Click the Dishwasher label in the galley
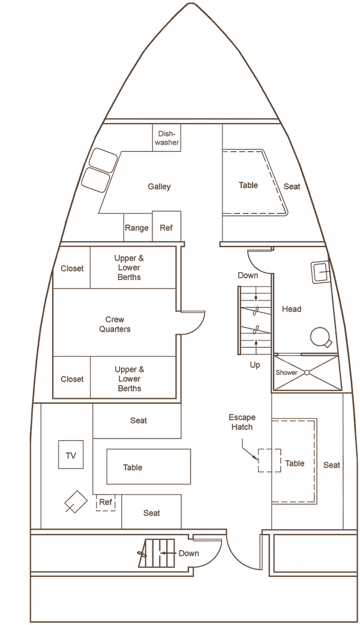coord(167,138)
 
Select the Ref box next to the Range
coord(167,226)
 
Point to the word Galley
coord(159,186)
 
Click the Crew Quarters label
coord(115,324)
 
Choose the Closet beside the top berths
coord(72,268)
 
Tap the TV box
coord(71,455)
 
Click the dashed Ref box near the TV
coord(106,503)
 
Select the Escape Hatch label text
coord(242,422)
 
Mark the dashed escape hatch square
coord(269,461)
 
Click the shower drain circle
coord(307,372)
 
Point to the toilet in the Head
coord(320,337)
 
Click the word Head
coord(292,309)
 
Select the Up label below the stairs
coord(255,365)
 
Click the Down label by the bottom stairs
coord(188,553)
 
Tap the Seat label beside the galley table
coord(292,186)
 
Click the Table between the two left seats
coord(148,467)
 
